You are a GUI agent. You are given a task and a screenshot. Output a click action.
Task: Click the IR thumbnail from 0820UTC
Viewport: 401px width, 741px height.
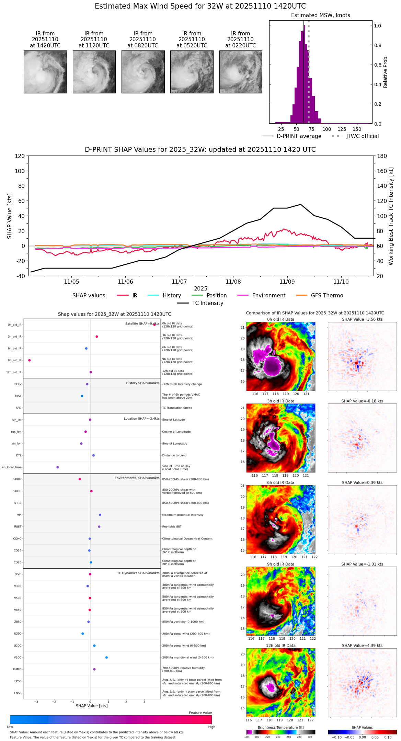click(x=143, y=72)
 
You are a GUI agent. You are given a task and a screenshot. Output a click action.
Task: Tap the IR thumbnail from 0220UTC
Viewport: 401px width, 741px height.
click(x=241, y=72)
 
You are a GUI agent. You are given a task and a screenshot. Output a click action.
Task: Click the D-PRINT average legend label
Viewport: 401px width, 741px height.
click(x=299, y=136)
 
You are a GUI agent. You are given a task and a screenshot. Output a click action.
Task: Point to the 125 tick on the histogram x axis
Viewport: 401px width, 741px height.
click(x=342, y=129)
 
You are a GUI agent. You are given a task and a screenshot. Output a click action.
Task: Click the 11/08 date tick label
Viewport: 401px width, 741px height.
click(x=233, y=282)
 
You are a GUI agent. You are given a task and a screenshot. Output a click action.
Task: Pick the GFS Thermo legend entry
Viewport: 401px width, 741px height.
click(x=327, y=296)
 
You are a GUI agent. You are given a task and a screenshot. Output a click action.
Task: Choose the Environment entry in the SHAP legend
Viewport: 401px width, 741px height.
click(x=268, y=296)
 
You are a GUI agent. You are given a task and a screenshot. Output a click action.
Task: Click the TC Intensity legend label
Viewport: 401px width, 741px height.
click(x=207, y=303)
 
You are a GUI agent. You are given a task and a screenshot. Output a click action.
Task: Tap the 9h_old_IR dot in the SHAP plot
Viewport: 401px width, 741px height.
click(x=30, y=360)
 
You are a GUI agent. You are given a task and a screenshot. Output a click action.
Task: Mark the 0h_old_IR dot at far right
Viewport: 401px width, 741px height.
click(x=154, y=324)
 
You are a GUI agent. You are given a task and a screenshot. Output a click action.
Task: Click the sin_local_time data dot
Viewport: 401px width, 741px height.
click(x=58, y=467)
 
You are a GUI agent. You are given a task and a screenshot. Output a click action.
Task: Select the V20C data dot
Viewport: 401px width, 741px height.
click(x=106, y=658)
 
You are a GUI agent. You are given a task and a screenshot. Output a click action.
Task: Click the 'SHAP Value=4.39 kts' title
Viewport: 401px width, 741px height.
click(x=362, y=646)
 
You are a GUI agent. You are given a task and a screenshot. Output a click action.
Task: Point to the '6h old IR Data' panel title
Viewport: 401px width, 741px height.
click(x=280, y=482)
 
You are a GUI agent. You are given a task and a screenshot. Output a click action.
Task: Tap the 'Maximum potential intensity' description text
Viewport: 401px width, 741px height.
click(x=183, y=515)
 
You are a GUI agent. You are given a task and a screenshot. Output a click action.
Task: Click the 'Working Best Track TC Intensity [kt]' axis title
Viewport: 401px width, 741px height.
click(x=391, y=216)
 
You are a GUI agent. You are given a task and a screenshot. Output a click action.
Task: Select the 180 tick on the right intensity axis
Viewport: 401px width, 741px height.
click(x=382, y=156)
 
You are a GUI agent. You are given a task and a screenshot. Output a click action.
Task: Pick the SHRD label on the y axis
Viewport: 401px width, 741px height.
click(x=17, y=479)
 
